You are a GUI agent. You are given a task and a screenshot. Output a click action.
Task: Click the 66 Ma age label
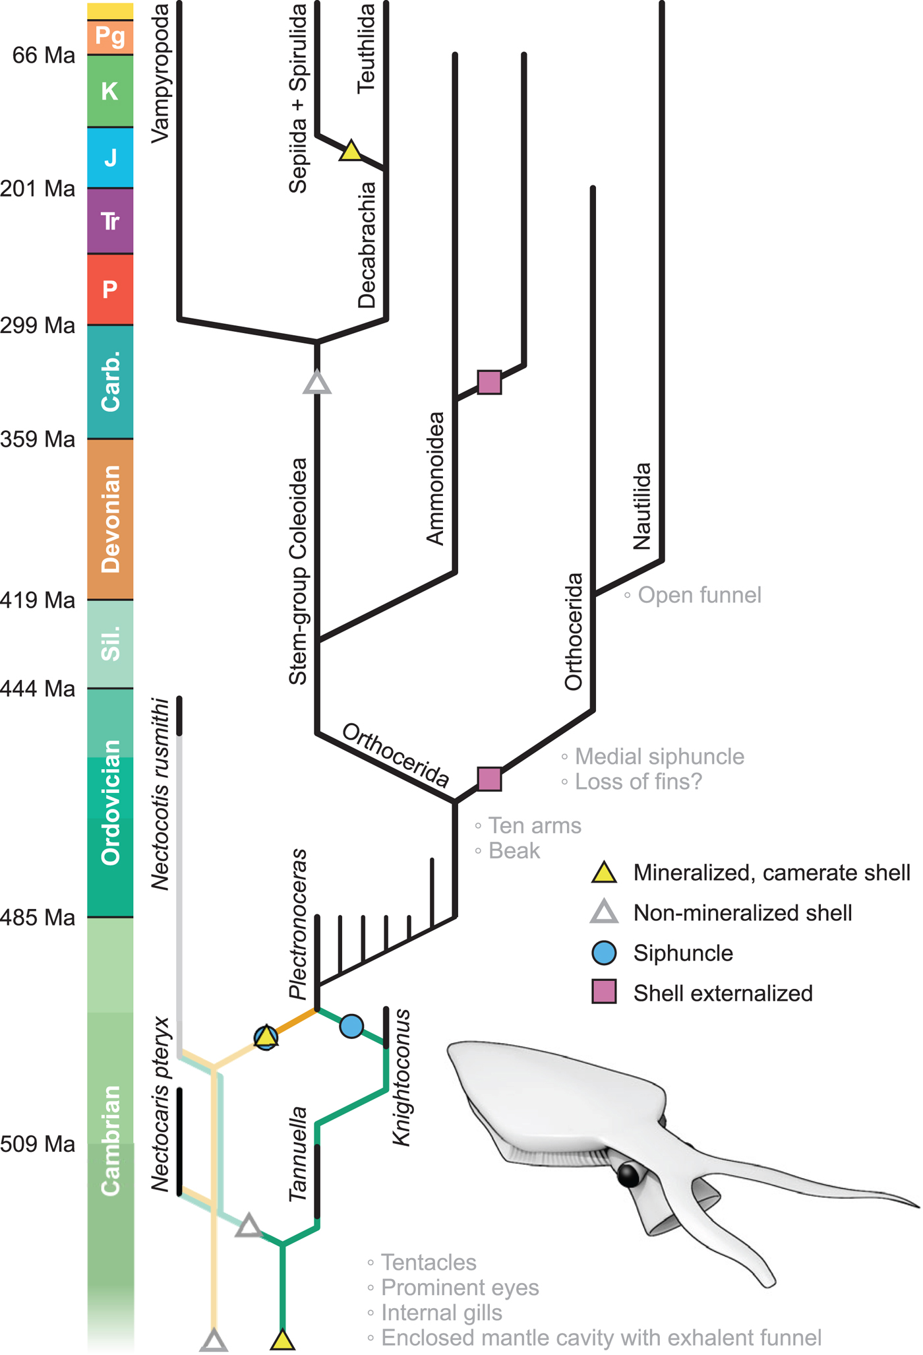click(x=44, y=55)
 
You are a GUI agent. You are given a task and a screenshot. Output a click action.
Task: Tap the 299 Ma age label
click(x=38, y=325)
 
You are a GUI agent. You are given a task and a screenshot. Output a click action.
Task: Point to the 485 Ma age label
click(x=38, y=917)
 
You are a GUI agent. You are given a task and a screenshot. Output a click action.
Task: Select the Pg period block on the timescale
click(x=110, y=37)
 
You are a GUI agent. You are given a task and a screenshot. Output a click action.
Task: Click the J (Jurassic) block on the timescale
click(x=110, y=158)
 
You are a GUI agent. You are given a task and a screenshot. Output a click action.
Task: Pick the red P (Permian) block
click(x=110, y=289)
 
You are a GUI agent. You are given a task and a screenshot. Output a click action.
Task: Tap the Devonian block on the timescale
click(x=110, y=519)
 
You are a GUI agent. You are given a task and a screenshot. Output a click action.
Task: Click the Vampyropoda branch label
click(x=160, y=73)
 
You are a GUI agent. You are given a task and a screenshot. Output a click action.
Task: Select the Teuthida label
click(x=366, y=48)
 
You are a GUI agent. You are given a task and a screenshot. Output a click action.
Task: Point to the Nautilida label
click(x=641, y=506)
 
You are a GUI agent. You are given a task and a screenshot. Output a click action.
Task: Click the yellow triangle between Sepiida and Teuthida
click(x=351, y=151)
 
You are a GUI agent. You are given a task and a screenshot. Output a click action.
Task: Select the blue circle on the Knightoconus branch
click(x=351, y=1026)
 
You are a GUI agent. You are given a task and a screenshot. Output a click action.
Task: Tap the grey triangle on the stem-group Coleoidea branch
click(x=317, y=382)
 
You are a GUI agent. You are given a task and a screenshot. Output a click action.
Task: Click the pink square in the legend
click(x=605, y=992)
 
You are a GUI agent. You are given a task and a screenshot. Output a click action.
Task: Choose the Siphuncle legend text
click(x=683, y=953)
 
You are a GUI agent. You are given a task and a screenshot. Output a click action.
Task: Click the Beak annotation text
click(x=514, y=851)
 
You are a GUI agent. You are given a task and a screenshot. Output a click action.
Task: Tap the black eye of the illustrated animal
click(x=629, y=1175)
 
